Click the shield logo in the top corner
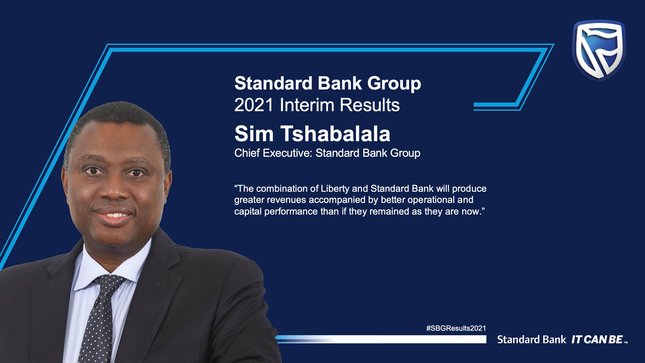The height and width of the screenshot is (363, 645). [599, 50]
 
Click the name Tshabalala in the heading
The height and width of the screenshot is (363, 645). [335, 134]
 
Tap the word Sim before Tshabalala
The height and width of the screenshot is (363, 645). [254, 134]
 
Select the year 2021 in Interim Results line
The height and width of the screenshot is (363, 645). [254, 105]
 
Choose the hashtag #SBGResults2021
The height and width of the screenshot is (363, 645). [456, 328]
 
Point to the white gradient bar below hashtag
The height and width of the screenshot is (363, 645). [381, 339]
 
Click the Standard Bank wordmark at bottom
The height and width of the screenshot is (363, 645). [531, 340]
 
